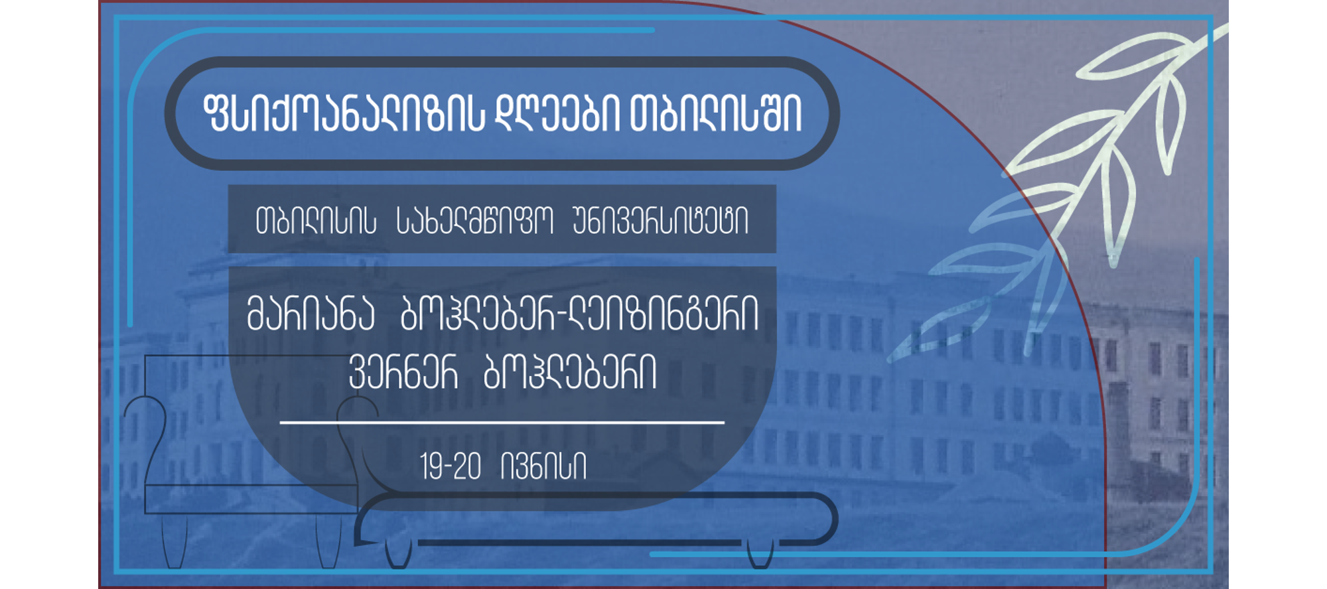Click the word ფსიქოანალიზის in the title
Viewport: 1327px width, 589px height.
click(x=344, y=114)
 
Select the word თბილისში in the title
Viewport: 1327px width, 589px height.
click(x=716, y=114)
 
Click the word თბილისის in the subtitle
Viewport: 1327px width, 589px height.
click(x=316, y=221)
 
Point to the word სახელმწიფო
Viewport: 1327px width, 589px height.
click(x=474, y=221)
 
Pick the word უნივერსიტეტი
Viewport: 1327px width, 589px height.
click(x=660, y=221)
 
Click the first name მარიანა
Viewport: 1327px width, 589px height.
click(x=311, y=314)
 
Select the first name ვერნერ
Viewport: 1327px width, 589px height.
click(x=403, y=372)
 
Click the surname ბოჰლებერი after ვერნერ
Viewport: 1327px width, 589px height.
click(x=570, y=372)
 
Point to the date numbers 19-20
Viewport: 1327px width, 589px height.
click(x=451, y=466)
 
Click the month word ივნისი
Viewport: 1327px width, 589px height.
click(x=544, y=466)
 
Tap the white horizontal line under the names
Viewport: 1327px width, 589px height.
click(x=502, y=422)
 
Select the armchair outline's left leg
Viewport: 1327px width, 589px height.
click(x=175, y=541)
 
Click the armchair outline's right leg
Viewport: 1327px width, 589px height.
click(x=328, y=541)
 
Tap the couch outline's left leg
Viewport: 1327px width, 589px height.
click(x=399, y=554)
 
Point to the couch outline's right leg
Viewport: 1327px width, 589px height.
click(x=760, y=554)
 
